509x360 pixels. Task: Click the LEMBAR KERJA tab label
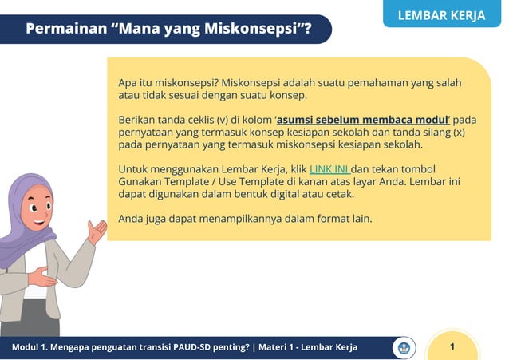tap(440, 15)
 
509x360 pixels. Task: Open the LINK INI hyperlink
tap(329, 169)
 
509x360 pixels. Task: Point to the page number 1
tap(452, 346)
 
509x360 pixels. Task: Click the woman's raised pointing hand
tap(97, 231)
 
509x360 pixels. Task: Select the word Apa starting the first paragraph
tap(128, 83)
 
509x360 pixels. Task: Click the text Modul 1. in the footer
tap(33, 347)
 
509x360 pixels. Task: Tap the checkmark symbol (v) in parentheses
tap(223, 120)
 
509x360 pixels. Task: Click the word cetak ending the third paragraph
tap(338, 194)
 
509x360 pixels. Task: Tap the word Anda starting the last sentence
tap(132, 218)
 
